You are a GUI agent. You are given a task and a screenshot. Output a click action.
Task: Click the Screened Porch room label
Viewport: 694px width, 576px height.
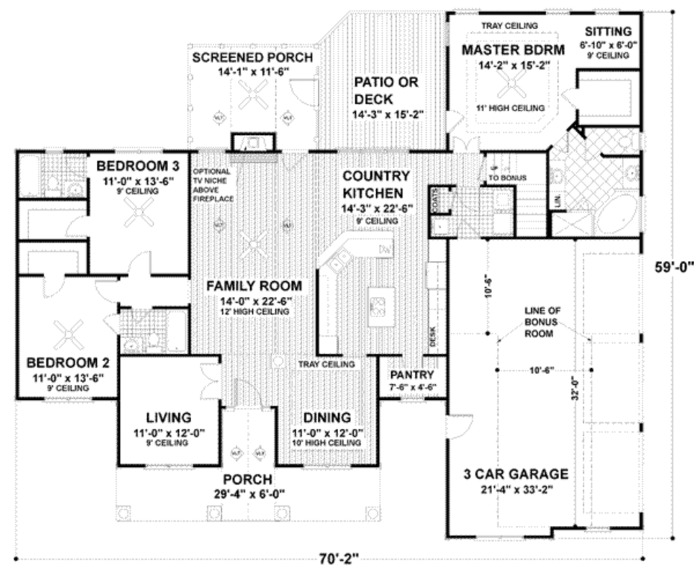[x=252, y=58]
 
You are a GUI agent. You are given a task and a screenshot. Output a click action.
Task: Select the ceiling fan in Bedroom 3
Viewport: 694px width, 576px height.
[x=141, y=215]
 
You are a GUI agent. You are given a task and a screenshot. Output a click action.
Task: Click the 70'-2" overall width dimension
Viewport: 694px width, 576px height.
[x=338, y=560]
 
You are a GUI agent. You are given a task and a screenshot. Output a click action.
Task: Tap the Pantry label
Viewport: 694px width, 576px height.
[x=412, y=375]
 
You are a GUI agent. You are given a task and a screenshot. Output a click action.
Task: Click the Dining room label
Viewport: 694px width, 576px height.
[x=326, y=417]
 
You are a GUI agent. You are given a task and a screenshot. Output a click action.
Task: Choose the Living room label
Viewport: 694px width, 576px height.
[x=169, y=417]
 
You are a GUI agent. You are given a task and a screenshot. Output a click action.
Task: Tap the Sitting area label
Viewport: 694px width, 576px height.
[x=608, y=31]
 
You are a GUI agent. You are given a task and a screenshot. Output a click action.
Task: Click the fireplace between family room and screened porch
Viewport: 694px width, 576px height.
[x=253, y=143]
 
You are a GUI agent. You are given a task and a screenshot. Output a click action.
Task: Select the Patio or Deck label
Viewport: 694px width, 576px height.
[x=386, y=91]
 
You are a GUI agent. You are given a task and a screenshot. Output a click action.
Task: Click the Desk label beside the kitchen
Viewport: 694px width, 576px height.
[x=434, y=335]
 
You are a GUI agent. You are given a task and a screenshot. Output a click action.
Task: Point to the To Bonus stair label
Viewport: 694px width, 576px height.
[x=508, y=178]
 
